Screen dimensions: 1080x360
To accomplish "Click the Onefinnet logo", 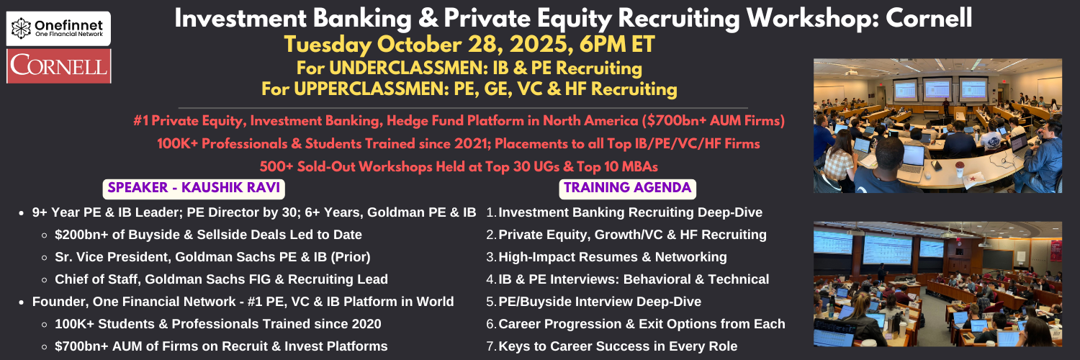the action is [x=58, y=28].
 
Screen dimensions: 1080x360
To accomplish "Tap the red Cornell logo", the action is [x=59, y=66].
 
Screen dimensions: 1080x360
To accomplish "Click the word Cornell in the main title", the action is [x=929, y=18].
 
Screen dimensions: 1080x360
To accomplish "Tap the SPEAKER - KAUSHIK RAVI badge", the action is [x=194, y=189].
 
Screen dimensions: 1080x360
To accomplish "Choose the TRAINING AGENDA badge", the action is [x=627, y=189].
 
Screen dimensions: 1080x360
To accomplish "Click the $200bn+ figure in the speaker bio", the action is [x=81, y=235].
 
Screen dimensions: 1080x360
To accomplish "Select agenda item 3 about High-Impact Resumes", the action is [x=606, y=257].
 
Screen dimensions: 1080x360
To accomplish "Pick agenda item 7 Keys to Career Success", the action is [x=612, y=346].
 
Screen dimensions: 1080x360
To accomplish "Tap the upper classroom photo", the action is [x=937, y=126].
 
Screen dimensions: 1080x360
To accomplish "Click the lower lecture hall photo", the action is [x=937, y=284].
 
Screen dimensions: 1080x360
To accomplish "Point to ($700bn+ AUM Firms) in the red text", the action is [x=713, y=120].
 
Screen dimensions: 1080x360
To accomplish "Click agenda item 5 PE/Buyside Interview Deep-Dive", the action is [x=593, y=302].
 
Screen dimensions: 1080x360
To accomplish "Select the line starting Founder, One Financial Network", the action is [x=243, y=302].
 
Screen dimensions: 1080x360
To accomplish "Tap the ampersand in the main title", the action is [x=427, y=19].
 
